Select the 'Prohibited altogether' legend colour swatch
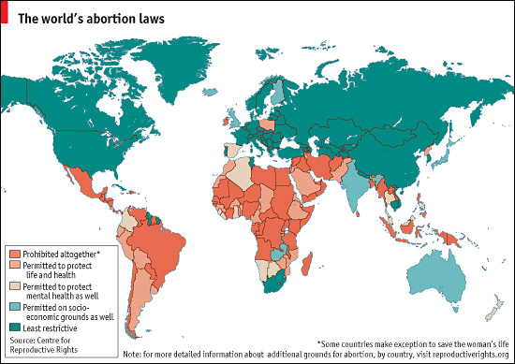(14, 255)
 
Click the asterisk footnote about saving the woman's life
(411, 342)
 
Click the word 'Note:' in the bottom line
(134, 354)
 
